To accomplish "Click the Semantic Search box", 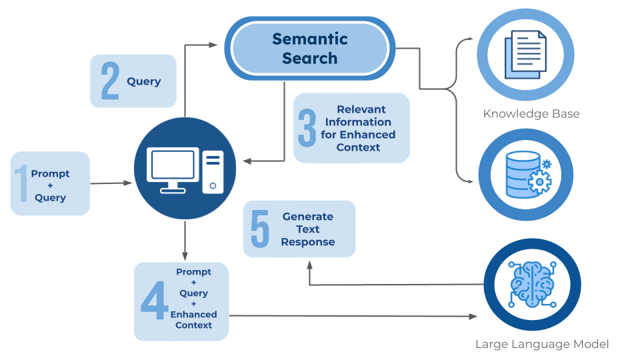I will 309,49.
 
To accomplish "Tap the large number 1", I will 21,184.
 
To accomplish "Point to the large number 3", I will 307,127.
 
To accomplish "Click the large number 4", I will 154,301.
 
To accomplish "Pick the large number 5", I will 260,229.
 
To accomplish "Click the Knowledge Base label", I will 531,114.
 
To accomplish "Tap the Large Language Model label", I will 541,345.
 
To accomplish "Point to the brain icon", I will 531,284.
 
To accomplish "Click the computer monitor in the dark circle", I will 175,167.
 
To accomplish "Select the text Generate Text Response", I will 307,229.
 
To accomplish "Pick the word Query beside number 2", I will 144,81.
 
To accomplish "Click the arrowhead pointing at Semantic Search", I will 213,45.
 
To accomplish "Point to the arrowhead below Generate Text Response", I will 309,264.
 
